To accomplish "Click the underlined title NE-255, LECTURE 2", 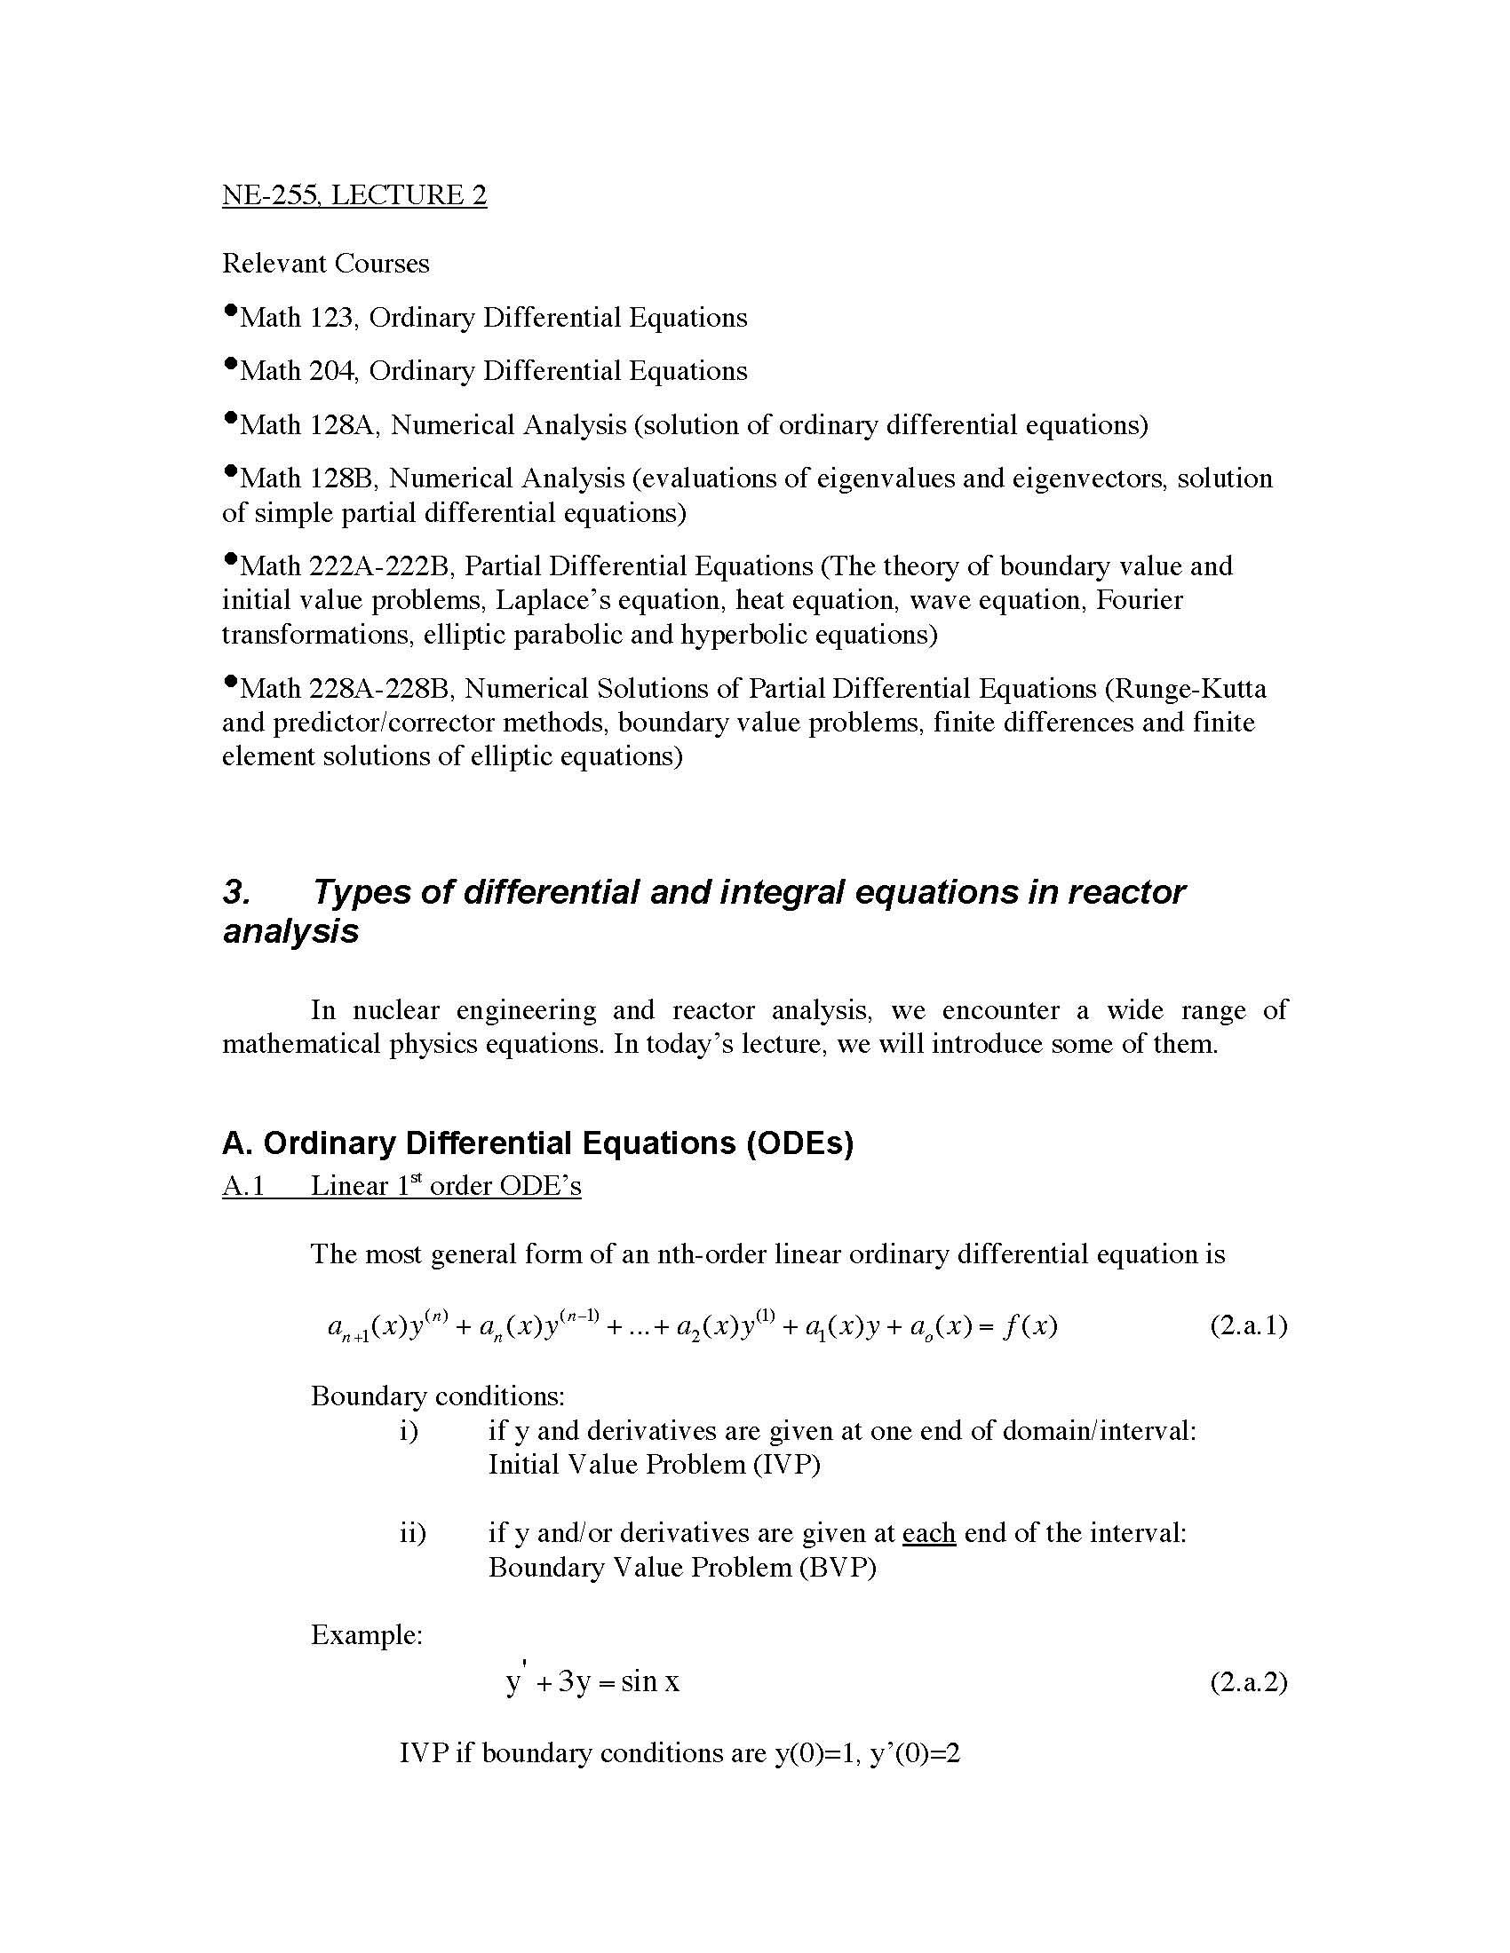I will (x=354, y=195).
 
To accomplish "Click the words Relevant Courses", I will (x=326, y=264).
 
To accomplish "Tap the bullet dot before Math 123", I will (x=231, y=312).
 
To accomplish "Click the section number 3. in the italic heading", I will (x=235, y=892).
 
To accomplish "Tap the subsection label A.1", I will (x=243, y=1186).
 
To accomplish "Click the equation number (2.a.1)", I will (x=1248, y=1325).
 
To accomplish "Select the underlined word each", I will (x=928, y=1534).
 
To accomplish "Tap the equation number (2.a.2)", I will (x=1248, y=1682).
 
